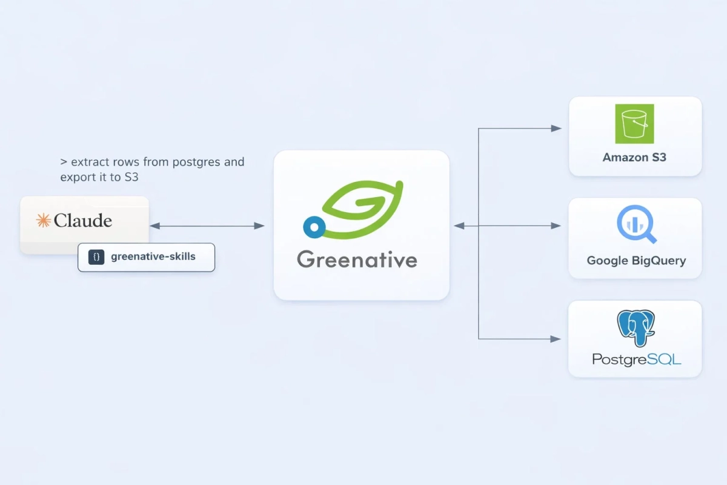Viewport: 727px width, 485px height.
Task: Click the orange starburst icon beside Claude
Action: tap(43, 221)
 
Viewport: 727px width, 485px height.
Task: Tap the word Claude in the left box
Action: tap(83, 221)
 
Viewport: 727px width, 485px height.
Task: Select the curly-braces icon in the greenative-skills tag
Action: tap(96, 257)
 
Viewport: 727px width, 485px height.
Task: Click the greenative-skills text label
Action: tap(153, 257)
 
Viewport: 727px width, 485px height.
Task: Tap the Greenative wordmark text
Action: tap(357, 260)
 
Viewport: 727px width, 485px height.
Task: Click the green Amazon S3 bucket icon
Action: tap(634, 124)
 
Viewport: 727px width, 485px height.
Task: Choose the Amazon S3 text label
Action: tap(634, 158)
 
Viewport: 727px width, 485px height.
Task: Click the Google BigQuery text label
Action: tap(636, 261)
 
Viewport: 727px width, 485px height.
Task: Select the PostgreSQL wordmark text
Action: tap(636, 360)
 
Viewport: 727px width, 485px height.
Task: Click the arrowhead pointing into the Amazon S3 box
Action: tap(556, 129)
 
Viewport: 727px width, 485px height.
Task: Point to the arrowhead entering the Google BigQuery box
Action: tap(556, 226)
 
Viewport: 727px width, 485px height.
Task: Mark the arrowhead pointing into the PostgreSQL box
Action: tap(556, 339)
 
